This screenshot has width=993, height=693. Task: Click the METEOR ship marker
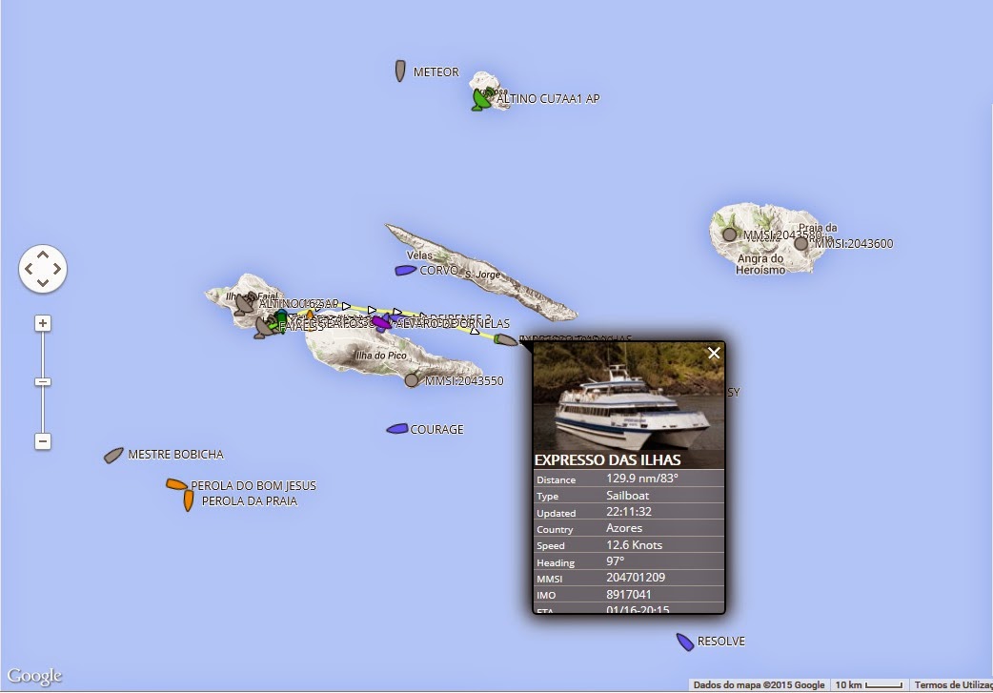[401, 71]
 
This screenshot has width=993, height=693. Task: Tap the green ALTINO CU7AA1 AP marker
[481, 98]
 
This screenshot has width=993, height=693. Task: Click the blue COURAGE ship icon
[397, 429]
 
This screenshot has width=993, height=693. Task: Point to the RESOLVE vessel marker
[684, 642]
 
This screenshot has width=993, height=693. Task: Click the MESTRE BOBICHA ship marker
[114, 456]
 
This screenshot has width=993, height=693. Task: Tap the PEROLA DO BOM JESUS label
[253, 486]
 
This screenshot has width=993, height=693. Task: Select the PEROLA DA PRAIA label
[250, 501]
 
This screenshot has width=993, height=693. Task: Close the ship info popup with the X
[714, 354]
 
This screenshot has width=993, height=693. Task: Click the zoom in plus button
[42, 323]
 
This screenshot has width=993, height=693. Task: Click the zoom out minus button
[42, 441]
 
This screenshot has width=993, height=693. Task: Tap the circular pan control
[42, 269]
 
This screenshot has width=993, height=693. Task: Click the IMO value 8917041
[629, 595]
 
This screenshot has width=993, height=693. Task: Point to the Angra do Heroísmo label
[760, 264]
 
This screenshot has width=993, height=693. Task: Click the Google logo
[35, 676]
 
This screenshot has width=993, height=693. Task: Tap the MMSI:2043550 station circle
[412, 380]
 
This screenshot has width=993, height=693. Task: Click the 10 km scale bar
[866, 684]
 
